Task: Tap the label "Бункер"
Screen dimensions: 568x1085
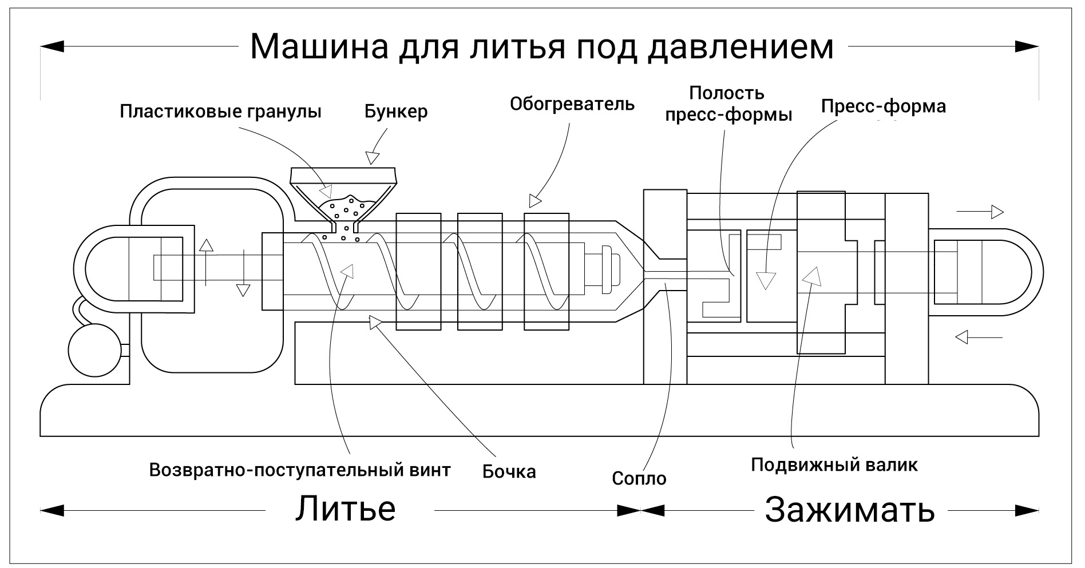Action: (396, 111)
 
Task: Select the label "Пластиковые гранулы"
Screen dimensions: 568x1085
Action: (220, 111)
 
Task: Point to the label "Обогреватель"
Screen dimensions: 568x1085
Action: (572, 104)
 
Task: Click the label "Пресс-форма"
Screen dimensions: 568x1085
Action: (883, 106)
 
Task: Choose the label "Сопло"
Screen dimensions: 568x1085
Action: (639, 478)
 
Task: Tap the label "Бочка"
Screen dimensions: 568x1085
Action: (509, 471)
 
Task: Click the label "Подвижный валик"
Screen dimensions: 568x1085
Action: (834, 464)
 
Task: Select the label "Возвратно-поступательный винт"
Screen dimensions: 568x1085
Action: (300, 470)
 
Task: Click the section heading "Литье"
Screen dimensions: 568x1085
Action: (345, 509)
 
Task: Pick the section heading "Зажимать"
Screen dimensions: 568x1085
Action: (850, 509)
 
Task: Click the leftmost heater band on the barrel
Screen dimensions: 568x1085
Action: (418, 271)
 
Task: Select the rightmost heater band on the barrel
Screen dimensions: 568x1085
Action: (547, 271)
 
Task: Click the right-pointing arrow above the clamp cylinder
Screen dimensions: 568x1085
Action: (980, 212)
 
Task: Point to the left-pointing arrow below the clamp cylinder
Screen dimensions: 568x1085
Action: (979, 337)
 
